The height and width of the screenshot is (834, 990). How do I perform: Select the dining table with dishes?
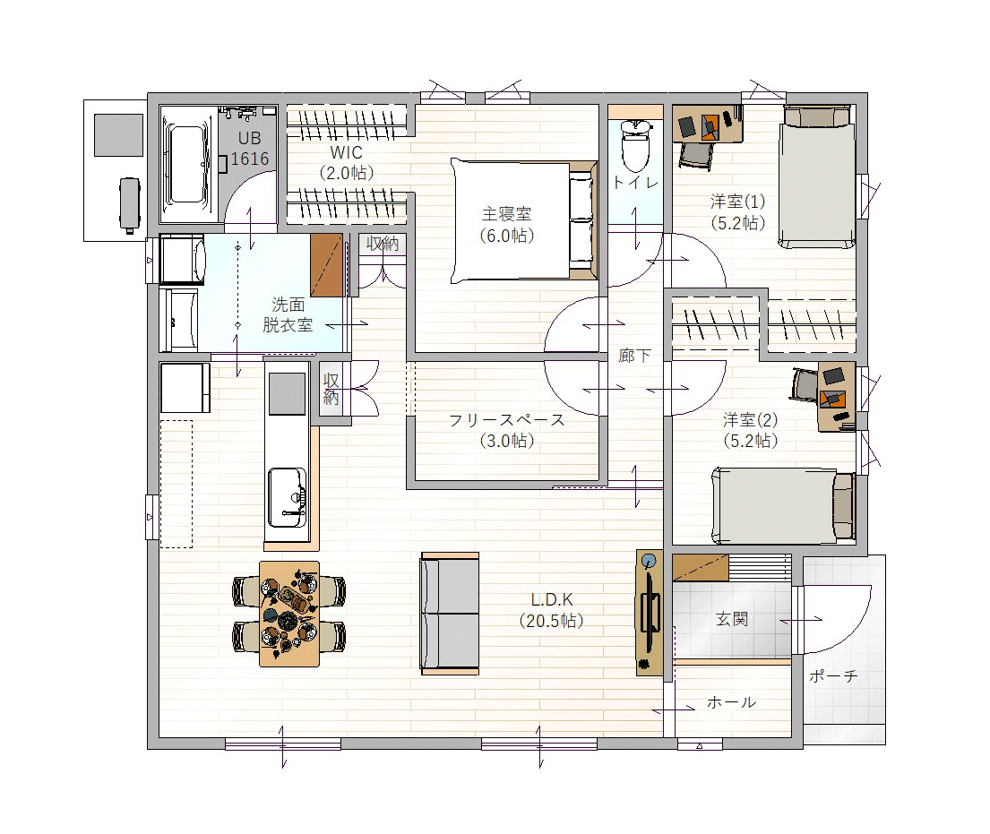click(x=289, y=614)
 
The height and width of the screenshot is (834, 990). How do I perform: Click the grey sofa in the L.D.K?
click(x=450, y=614)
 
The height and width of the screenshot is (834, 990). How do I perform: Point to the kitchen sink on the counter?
click(x=287, y=497)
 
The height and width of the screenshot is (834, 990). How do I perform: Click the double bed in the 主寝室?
click(x=524, y=220)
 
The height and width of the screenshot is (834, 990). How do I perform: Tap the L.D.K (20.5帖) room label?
click(x=551, y=611)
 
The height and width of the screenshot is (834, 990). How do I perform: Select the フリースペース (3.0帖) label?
click(x=506, y=430)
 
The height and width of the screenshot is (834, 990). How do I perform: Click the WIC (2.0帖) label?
click(x=346, y=162)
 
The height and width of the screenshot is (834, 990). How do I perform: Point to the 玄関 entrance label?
click(x=732, y=619)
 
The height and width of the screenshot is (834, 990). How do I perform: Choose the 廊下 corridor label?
click(x=634, y=356)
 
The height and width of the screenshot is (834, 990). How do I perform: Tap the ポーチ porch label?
click(x=833, y=676)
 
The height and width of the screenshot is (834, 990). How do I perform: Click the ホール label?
click(x=731, y=702)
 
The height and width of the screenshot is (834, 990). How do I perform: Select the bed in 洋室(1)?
click(x=817, y=176)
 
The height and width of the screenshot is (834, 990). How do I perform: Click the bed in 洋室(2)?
click(x=783, y=505)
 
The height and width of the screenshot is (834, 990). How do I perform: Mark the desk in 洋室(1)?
click(x=707, y=124)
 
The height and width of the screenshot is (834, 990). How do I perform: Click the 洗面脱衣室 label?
click(x=288, y=314)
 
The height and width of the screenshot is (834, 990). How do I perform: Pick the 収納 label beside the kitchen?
click(x=331, y=389)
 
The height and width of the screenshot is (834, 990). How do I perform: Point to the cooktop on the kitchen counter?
click(x=287, y=393)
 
